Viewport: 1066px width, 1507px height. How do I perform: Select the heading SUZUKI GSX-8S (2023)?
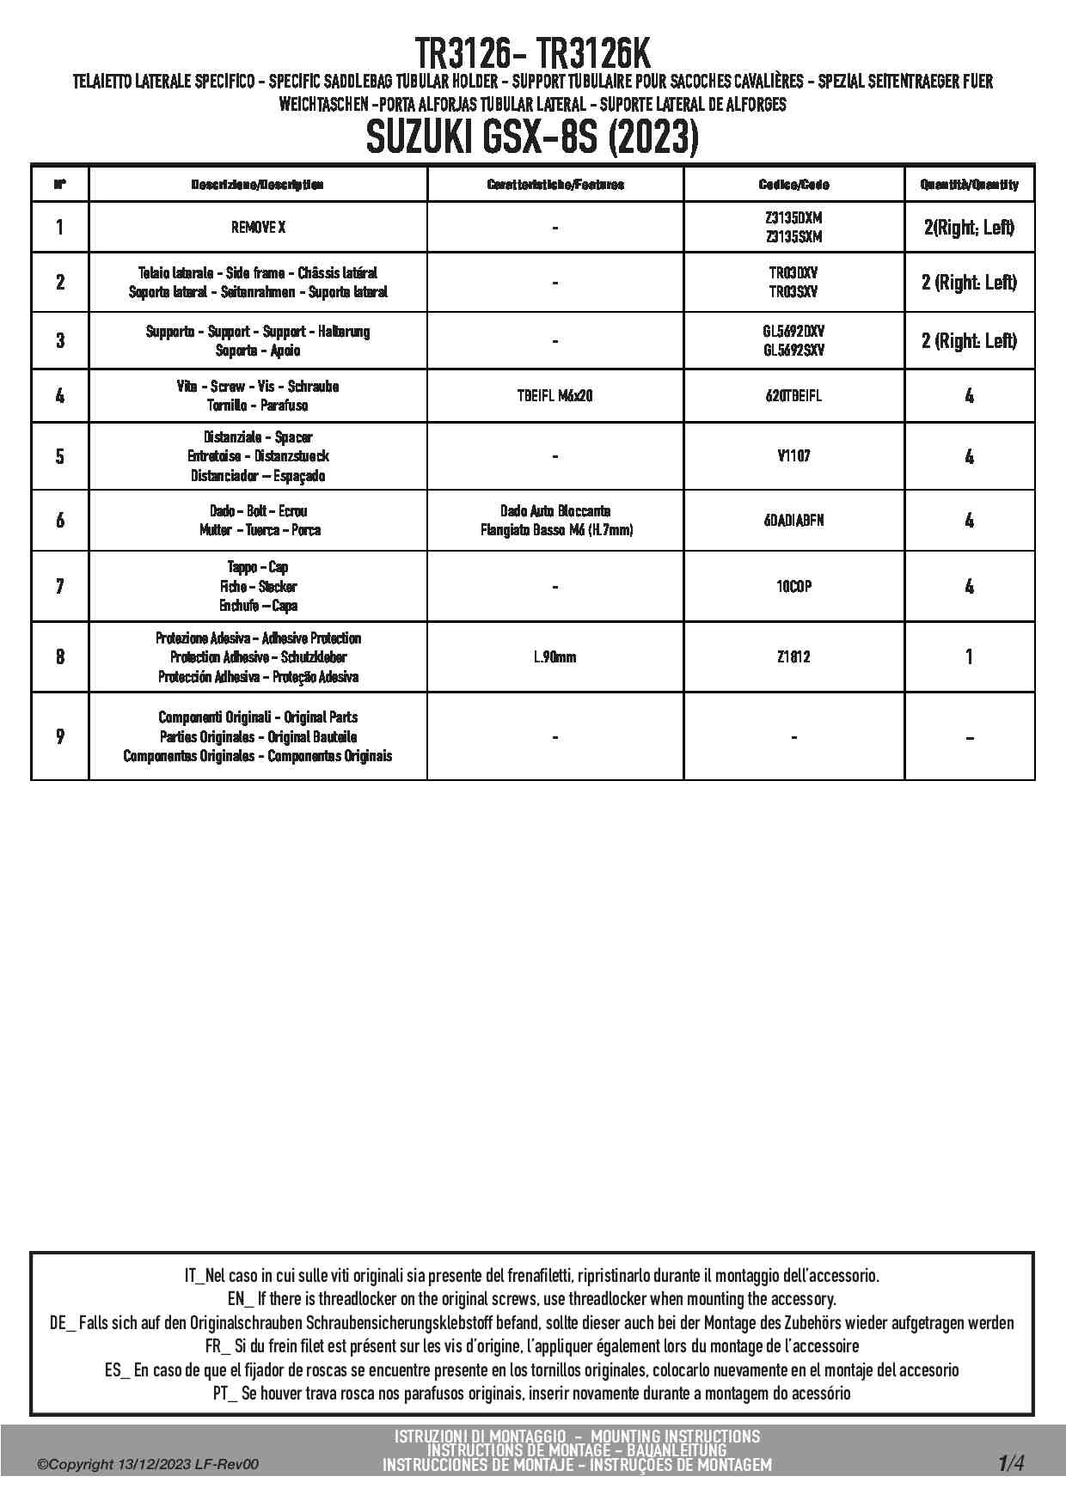[532, 137]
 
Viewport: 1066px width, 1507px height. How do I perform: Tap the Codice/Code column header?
[793, 185]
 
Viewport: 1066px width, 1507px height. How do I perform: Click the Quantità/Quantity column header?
[969, 185]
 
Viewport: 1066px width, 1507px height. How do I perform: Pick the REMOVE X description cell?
[258, 228]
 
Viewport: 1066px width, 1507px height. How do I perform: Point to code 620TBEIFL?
[793, 396]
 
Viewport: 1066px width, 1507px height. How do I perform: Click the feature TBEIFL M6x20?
[555, 396]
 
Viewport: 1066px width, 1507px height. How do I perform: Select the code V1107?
[793, 456]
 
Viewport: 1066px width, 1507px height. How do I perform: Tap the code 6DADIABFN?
[793, 520]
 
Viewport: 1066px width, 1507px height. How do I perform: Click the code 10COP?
[793, 587]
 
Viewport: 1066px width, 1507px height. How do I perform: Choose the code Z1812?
[793, 657]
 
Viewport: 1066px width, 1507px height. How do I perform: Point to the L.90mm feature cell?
[555, 657]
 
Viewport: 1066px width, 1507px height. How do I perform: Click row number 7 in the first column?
[59, 587]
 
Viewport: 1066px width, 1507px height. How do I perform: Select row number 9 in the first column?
[59, 736]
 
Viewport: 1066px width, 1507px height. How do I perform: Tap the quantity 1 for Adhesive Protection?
[969, 657]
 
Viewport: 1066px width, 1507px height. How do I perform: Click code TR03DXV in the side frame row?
[793, 273]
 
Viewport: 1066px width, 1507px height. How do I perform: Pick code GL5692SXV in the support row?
[793, 351]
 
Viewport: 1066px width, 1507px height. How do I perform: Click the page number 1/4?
[1011, 1462]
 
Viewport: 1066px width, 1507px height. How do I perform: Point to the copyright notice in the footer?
[148, 1465]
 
